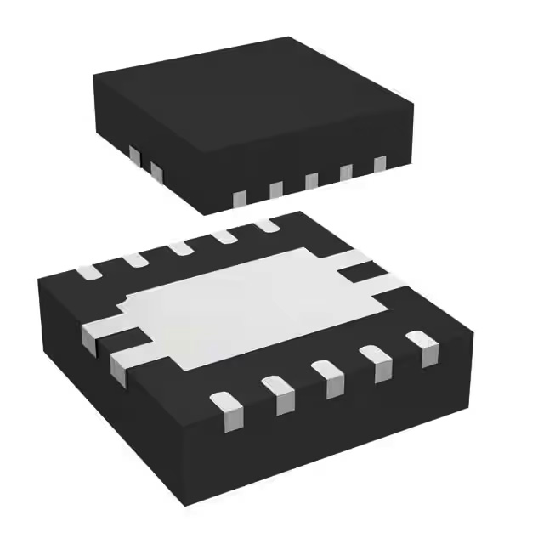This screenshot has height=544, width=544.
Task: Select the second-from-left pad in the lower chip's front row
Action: coord(278,393)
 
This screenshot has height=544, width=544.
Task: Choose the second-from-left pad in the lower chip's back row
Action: coord(134,259)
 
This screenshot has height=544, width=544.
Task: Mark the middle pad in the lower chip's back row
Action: coord(180,248)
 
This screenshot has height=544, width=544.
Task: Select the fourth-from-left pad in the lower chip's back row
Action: coord(225,236)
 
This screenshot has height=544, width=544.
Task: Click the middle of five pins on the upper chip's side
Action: coord(311,181)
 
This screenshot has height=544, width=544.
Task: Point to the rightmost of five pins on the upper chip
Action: coord(379,164)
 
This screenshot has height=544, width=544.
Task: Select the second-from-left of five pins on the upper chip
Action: coord(276,190)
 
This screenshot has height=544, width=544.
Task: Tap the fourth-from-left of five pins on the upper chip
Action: coord(347,173)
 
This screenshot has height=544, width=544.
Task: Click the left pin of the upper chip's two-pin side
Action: coord(133,156)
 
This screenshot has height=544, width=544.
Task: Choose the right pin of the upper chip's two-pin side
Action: coord(156,172)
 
